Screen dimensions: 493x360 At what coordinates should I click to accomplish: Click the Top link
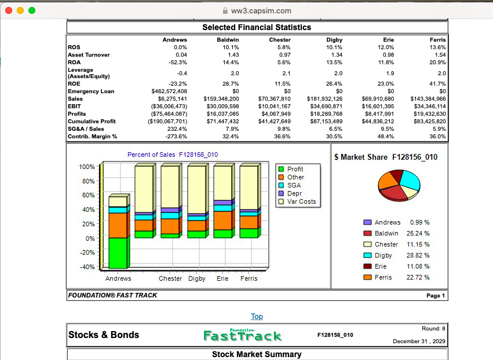257,317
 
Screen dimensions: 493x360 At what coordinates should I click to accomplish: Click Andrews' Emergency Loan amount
169,91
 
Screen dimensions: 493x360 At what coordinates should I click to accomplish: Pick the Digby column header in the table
334,40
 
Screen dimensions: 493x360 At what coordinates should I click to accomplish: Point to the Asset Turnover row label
89,55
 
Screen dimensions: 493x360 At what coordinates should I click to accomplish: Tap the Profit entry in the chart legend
291,169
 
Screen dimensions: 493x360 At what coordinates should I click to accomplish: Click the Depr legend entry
290,193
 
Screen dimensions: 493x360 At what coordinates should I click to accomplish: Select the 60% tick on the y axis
89,195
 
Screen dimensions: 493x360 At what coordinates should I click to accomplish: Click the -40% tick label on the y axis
87,267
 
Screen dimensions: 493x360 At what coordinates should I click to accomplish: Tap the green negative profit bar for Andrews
118,253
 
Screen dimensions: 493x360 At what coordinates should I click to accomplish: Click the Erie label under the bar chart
222,278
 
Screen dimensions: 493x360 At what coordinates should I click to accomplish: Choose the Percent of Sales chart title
173,155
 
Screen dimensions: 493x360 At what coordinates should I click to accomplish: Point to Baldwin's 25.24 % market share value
418,233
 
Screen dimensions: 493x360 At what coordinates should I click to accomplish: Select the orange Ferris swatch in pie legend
367,277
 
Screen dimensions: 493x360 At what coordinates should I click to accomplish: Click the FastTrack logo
242,335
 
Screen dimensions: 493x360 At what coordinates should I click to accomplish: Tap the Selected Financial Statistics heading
257,27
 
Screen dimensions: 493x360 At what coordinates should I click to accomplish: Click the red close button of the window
9,10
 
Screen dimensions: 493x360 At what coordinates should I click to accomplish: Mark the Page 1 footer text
436,296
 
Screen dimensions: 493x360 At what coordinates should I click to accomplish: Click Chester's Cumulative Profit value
274,122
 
